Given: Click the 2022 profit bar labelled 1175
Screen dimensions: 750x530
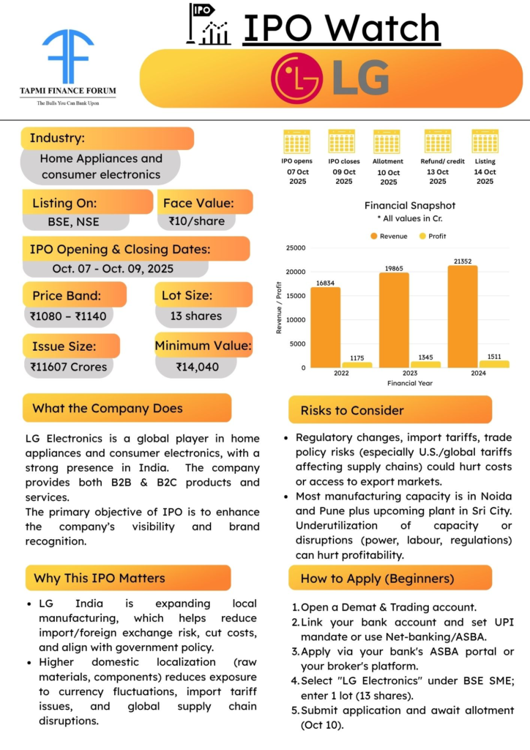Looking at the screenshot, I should [x=357, y=364].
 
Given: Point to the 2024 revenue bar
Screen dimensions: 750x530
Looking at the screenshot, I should [x=462, y=316].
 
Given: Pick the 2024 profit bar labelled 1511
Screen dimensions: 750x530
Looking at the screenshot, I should [x=494, y=363].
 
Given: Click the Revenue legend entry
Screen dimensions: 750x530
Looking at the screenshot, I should [x=389, y=236].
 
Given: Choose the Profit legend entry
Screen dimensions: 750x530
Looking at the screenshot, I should [x=433, y=236].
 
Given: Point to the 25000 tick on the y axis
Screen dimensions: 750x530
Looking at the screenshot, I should [x=295, y=248].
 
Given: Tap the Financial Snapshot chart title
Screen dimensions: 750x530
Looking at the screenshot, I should [x=410, y=206].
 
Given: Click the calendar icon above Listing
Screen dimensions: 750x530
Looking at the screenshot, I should [x=485, y=141].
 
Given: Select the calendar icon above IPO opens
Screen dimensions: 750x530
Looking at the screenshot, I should [x=297, y=141].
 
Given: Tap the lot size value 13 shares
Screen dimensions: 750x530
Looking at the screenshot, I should [x=195, y=316].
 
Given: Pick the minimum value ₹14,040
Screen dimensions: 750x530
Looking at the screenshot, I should [x=198, y=367].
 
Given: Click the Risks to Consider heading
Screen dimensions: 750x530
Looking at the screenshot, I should [x=352, y=410].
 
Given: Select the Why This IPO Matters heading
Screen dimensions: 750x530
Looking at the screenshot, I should [x=100, y=578].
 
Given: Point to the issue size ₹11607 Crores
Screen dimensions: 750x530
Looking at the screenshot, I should [x=68, y=367].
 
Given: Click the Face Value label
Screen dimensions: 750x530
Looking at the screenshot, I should [x=198, y=203].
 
